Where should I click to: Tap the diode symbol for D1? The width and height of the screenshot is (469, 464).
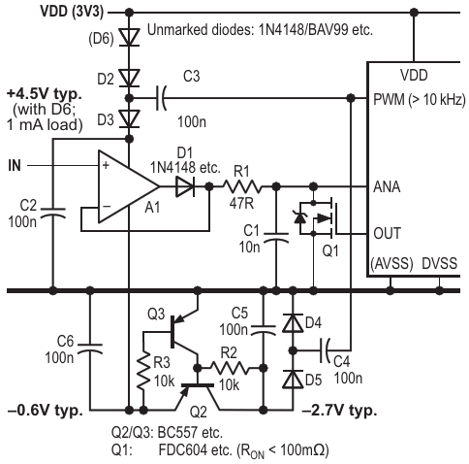(x=185, y=186)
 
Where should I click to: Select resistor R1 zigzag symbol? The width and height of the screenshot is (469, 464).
(x=242, y=186)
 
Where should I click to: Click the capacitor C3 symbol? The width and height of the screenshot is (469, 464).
(x=161, y=98)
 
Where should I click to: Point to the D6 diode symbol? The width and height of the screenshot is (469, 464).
(x=129, y=37)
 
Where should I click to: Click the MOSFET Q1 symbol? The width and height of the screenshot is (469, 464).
(x=318, y=218)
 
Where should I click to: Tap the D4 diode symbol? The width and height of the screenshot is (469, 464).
(x=293, y=323)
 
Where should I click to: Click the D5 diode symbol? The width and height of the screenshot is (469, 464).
(x=293, y=379)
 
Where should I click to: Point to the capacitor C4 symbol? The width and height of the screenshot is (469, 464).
(x=325, y=350)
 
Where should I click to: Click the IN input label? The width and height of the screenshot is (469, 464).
(x=15, y=166)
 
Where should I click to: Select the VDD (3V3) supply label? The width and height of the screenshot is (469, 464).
(x=72, y=12)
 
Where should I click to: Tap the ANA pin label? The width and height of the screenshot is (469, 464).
(x=387, y=187)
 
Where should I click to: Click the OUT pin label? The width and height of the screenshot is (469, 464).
(x=387, y=233)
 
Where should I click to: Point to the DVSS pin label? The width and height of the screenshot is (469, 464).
(x=440, y=263)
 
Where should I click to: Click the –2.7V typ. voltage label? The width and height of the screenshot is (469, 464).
(x=339, y=411)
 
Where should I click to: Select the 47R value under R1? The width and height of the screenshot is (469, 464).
(x=241, y=204)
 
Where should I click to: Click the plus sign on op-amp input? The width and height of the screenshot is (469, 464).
(x=106, y=165)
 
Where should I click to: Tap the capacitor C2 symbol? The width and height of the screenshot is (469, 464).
(x=53, y=213)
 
